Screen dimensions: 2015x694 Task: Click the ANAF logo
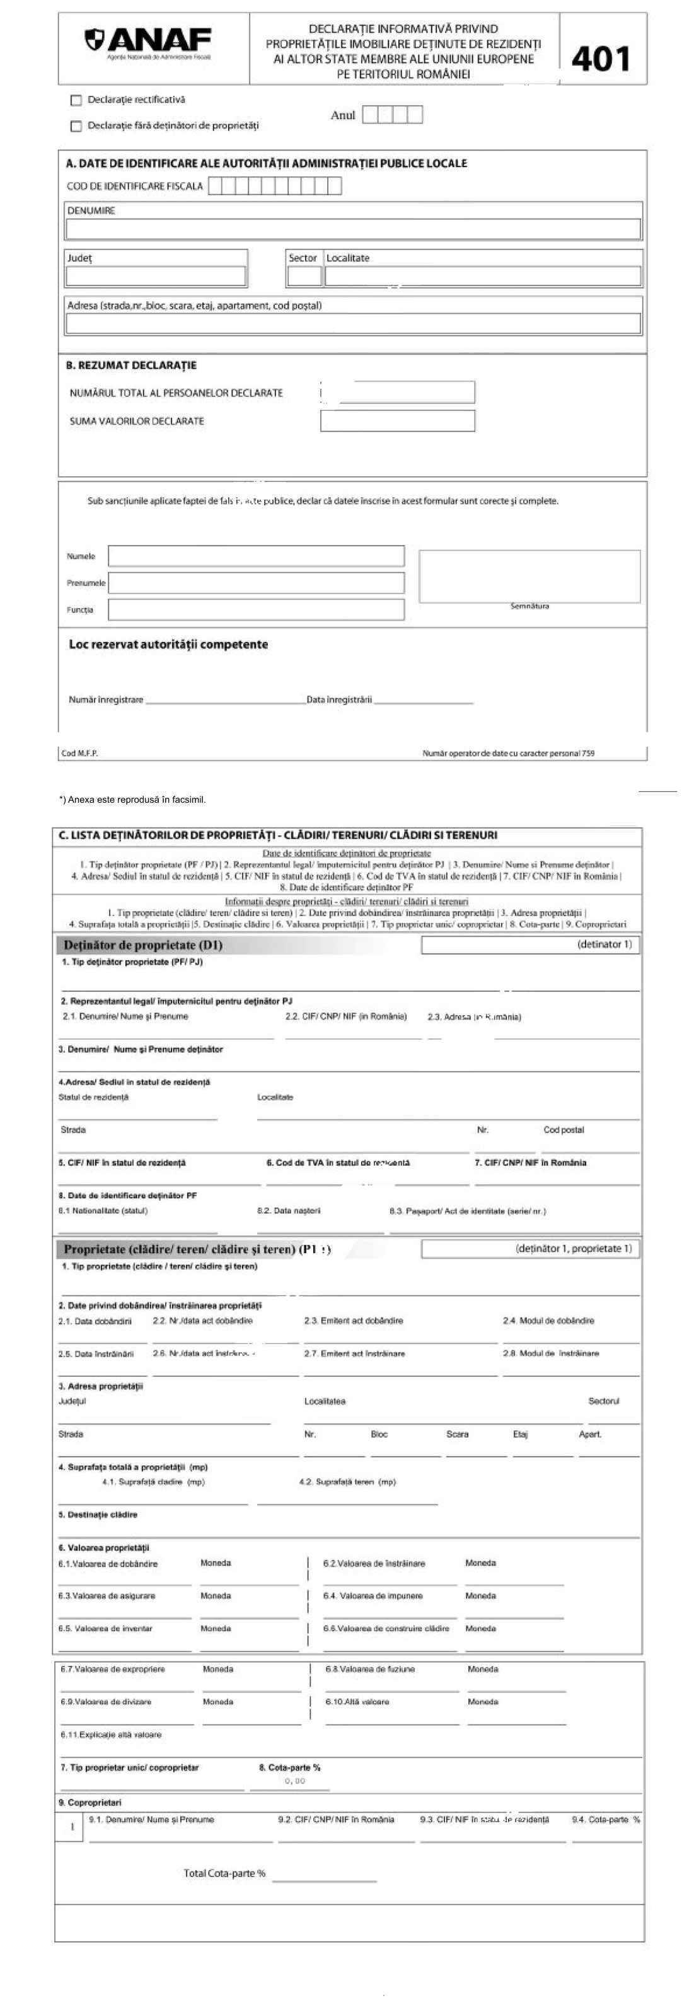point(149,42)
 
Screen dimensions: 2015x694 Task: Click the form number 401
point(601,59)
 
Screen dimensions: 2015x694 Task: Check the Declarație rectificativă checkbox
point(76,100)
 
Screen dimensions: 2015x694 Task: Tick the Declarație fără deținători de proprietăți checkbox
point(76,126)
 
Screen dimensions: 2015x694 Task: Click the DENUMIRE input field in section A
point(353,229)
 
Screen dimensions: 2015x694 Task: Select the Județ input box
point(156,276)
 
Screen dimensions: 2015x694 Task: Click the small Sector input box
point(304,276)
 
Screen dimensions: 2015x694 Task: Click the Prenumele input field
point(256,583)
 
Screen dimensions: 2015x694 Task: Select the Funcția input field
point(256,609)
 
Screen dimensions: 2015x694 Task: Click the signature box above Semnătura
point(529,576)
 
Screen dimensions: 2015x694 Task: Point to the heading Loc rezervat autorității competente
point(168,645)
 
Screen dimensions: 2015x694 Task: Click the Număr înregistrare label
point(106,700)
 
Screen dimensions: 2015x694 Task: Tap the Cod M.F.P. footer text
point(80,754)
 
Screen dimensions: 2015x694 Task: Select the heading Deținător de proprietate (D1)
point(143,945)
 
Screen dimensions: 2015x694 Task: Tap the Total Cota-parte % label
point(224,1873)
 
